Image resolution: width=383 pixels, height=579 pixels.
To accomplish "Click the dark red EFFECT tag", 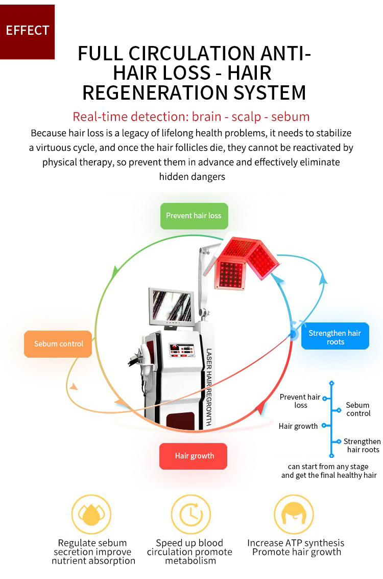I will [x=27, y=31].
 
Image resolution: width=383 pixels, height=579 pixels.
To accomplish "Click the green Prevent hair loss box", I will [x=194, y=216].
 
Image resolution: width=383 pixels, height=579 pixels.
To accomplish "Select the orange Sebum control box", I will [x=58, y=344].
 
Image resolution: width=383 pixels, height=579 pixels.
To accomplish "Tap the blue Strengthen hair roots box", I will [x=335, y=337].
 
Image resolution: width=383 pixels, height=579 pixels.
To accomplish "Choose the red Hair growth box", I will [x=194, y=456].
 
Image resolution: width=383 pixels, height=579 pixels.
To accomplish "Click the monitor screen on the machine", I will [x=171, y=306].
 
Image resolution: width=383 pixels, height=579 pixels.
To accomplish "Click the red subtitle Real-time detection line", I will [x=191, y=117].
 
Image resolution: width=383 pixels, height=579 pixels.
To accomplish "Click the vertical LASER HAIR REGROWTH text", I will [x=209, y=387].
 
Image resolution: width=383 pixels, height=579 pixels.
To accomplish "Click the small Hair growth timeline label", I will [x=298, y=426].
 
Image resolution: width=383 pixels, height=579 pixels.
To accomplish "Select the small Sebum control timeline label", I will [x=358, y=409].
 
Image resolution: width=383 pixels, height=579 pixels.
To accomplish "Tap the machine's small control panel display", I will [x=182, y=350].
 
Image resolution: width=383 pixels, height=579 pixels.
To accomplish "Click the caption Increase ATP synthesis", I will [x=296, y=543].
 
